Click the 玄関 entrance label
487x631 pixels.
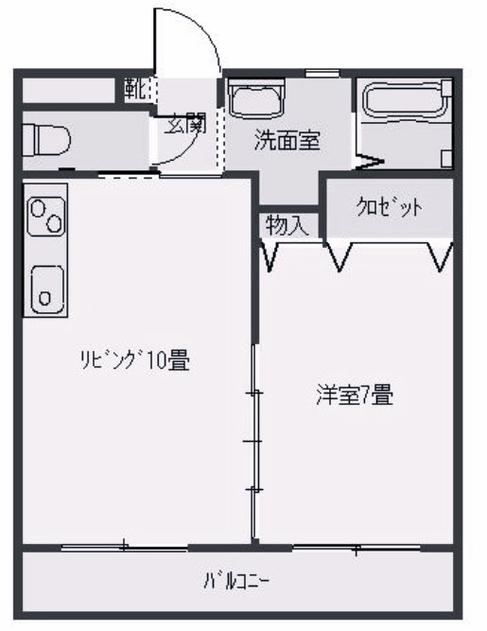(184, 124)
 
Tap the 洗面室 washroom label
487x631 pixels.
(287, 142)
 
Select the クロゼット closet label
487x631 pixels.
(389, 208)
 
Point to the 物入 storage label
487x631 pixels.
(287, 225)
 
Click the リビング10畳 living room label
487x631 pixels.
(135, 359)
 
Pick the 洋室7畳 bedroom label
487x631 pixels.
(354, 396)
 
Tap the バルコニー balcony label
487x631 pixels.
(242, 579)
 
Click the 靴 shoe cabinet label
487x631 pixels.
(135, 90)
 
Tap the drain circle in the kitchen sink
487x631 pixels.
(44, 298)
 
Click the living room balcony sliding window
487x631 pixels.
(123, 546)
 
